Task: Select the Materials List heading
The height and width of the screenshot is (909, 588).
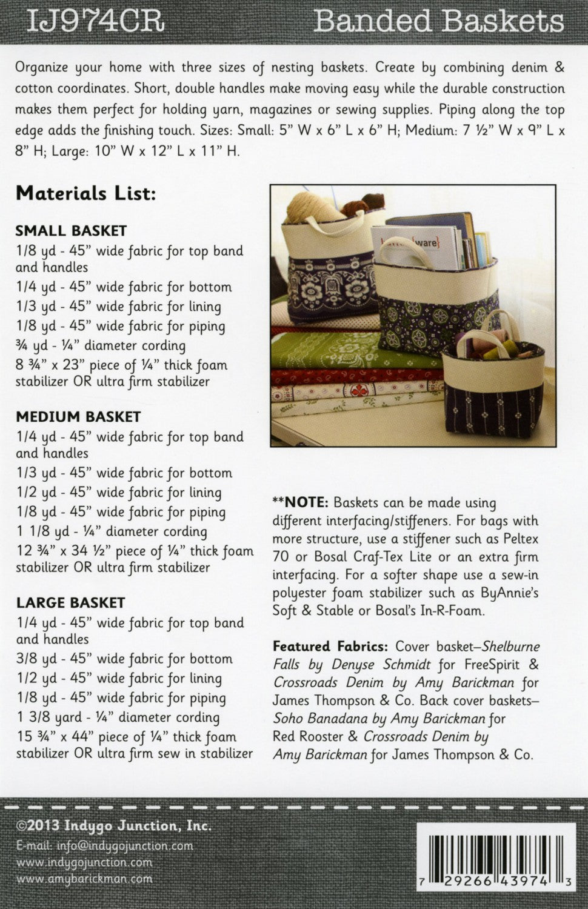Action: (85, 194)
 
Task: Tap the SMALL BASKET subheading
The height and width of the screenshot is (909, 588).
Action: (71, 231)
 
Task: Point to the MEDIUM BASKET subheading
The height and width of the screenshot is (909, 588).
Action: (78, 417)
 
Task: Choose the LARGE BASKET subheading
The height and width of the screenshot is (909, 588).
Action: (70, 603)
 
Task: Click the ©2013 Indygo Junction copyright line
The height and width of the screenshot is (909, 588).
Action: (114, 827)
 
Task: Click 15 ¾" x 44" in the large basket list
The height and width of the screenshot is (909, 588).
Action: (57, 738)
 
